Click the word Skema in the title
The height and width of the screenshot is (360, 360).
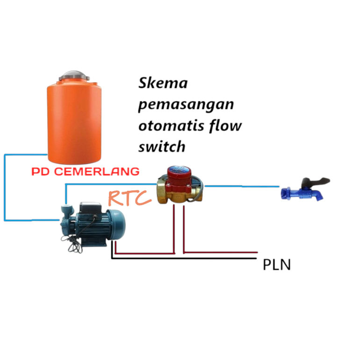(x=163, y=83)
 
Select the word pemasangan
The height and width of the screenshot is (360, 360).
(x=186, y=105)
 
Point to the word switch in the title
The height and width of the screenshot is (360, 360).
(x=162, y=147)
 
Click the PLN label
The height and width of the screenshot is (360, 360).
(x=276, y=265)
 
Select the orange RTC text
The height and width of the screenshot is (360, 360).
(x=130, y=198)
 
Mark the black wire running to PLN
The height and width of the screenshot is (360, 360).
(x=187, y=258)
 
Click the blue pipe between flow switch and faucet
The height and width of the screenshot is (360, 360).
(x=243, y=186)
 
